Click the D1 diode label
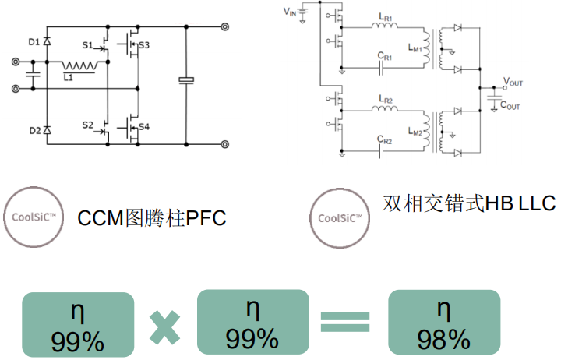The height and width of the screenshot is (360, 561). [x=34, y=41]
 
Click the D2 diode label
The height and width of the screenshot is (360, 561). [x=34, y=131]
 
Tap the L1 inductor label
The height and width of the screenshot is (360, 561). [x=69, y=78]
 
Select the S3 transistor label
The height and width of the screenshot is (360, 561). [x=145, y=46]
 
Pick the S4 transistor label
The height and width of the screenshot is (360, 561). [x=145, y=126]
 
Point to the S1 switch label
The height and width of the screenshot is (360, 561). [x=87, y=45]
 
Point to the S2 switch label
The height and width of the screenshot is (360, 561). [x=87, y=125]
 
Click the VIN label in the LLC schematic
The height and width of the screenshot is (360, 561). [x=291, y=12]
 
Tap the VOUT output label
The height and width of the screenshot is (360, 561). [x=513, y=82]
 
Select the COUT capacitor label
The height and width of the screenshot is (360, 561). [x=510, y=105]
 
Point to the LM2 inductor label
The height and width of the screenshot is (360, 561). [x=416, y=132]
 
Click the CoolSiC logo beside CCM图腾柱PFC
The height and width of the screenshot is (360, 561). [x=33, y=217]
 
